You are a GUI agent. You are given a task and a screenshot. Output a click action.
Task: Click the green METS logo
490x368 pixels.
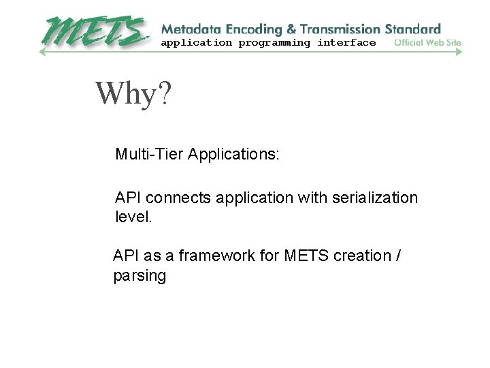(95, 31)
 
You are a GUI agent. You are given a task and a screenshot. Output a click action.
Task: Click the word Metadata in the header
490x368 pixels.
(186, 29)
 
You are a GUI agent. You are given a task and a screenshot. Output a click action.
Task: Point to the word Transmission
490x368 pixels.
(338, 29)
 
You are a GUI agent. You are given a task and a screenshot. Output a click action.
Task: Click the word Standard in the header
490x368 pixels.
(413, 29)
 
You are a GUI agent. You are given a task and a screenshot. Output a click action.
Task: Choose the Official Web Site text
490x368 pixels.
(428, 43)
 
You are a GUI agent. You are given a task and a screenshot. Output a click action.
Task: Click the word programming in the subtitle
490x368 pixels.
(274, 43)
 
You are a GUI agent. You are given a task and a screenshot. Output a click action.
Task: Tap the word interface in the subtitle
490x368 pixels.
(346, 43)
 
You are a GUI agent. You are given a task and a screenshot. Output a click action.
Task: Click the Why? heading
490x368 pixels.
(133, 93)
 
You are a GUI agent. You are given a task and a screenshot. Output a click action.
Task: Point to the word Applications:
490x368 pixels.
(233, 154)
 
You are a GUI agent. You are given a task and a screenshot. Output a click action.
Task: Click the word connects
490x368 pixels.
(180, 198)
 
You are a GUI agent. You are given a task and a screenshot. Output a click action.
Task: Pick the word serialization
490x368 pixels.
(375, 198)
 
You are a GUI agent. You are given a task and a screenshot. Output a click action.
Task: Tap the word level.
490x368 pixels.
(134, 218)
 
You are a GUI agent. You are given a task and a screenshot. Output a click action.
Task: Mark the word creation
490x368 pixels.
(359, 256)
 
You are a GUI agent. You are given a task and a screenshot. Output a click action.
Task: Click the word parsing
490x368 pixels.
(140, 276)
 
